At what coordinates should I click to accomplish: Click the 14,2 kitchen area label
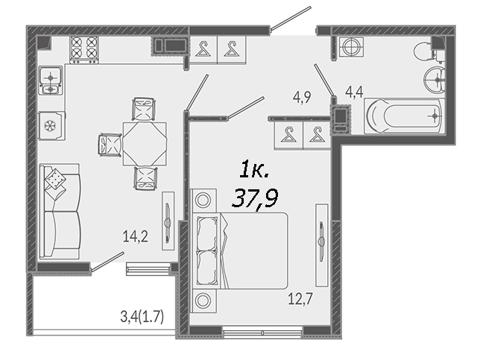pos(136,236)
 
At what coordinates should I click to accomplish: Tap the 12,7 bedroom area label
pos(300,299)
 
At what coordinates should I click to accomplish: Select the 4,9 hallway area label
pos(302,98)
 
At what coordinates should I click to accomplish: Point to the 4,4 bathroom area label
pos(354,92)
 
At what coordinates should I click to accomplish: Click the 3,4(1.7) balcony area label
pos(142,317)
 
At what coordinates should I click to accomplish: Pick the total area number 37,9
pos(255,198)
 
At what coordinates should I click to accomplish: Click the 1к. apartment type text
pos(254,171)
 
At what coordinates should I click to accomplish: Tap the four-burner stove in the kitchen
pos(84,50)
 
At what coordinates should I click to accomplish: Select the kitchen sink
pos(51,80)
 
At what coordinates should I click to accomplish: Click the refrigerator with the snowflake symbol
pos(51,125)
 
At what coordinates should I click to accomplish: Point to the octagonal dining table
pos(145,144)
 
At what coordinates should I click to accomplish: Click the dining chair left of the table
pos(110,145)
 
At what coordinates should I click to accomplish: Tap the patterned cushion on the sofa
pos(55,179)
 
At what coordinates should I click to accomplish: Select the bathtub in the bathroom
pos(404,116)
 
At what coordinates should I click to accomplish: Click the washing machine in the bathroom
pos(351,47)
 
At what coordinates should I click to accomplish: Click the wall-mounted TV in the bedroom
pos(321,245)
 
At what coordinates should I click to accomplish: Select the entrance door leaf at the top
pos(291,18)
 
